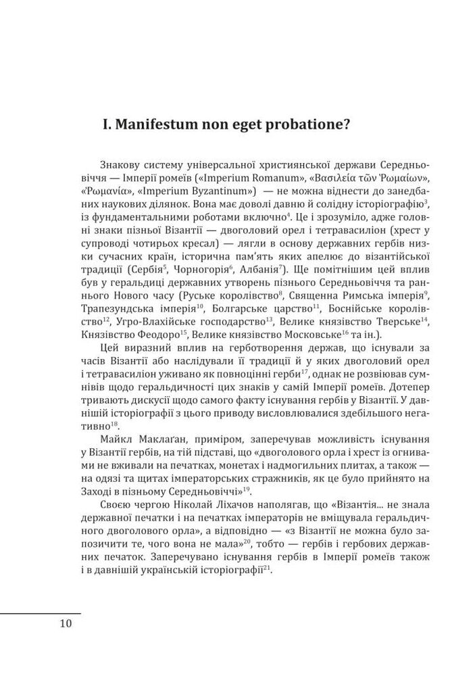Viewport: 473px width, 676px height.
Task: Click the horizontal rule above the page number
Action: [x=40, y=612]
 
